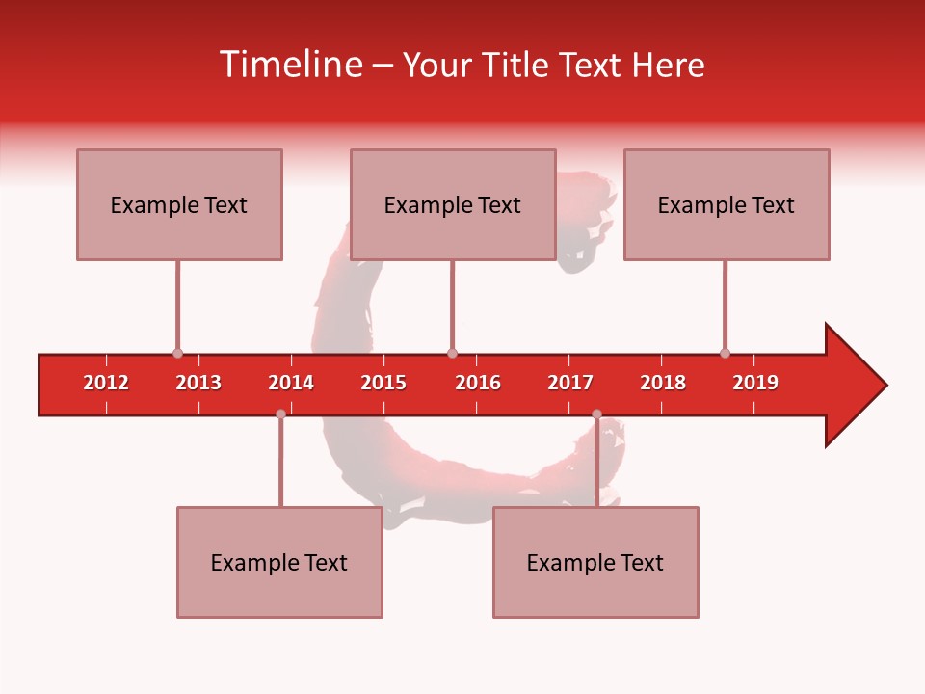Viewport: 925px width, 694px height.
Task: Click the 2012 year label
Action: point(106,383)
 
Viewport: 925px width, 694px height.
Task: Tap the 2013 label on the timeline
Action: point(198,383)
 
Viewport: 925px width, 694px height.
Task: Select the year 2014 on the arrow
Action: point(291,383)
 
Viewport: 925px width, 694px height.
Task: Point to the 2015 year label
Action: point(383,383)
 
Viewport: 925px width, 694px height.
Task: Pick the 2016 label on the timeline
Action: point(478,383)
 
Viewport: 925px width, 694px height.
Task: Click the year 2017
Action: point(570,383)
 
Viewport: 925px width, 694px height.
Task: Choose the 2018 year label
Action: point(663,383)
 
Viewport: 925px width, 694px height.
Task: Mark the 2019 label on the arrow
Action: point(755,383)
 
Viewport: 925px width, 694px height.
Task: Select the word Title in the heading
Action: point(516,65)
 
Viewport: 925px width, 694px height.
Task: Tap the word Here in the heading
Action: point(668,65)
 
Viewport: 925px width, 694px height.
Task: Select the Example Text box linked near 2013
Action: point(179,204)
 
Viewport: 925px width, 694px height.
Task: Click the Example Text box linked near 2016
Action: point(453,204)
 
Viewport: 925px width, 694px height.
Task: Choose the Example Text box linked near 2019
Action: point(727,204)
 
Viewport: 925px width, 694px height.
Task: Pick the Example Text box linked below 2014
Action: point(279,562)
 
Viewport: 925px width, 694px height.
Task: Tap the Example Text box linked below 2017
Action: point(595,562)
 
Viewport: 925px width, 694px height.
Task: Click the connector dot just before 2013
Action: point(177,354)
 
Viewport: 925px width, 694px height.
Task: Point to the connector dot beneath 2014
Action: point(280,414)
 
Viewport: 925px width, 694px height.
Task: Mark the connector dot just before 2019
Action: point(725,354)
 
